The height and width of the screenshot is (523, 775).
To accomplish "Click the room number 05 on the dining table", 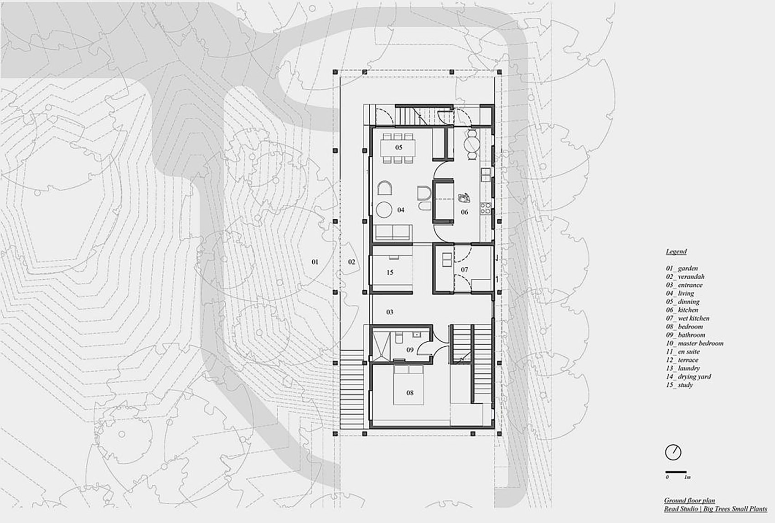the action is point(398,147).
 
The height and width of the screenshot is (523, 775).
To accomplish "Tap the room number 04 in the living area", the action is point(401,210).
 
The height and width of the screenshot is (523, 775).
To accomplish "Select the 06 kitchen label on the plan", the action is point(464,212).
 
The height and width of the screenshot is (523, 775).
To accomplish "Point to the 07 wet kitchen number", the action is point(464,269).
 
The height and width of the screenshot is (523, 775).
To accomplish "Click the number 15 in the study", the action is point(390,272).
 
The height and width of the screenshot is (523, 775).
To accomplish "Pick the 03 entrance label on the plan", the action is point(390,312).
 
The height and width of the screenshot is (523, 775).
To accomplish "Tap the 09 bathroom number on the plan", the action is point(410,350).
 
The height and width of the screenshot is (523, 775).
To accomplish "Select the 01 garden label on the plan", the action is point(315,262).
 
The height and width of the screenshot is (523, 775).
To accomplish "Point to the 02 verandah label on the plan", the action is point(351,262).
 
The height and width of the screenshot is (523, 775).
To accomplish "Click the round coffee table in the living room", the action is point(384,210).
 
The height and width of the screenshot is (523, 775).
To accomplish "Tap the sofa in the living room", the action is point(393,232).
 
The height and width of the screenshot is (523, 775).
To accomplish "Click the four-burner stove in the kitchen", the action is point(486,208).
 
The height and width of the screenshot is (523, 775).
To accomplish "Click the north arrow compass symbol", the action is point(673,452).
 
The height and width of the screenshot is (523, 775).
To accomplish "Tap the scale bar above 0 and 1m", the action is point(676,472).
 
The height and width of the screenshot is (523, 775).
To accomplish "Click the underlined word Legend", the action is point(676,251).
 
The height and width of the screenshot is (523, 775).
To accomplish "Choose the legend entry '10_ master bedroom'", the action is point(695,343).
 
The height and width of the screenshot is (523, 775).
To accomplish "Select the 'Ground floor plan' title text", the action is point(690,501).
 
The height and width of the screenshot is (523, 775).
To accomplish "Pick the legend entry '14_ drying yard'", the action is point(688,376).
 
